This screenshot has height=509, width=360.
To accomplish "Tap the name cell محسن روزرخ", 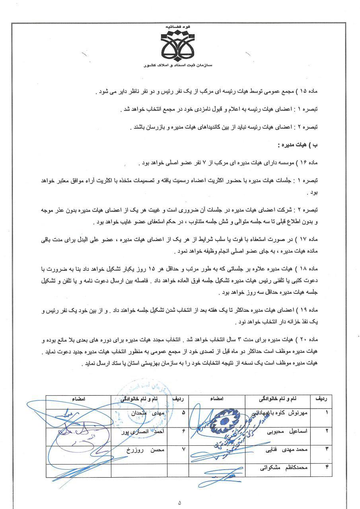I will point(142,449).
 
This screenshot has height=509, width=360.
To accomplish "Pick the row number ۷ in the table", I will point(184,449).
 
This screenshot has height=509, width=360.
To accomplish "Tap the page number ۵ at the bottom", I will point(180,502).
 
